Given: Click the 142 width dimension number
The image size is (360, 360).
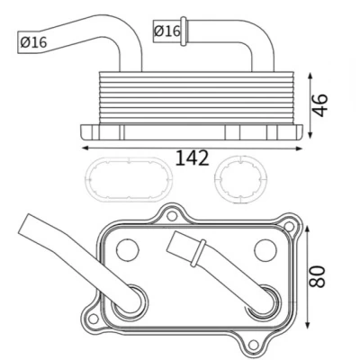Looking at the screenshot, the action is point(192,158).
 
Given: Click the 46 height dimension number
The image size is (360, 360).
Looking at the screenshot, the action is point(319,105).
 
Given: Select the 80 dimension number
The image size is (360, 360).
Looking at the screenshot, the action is point(318,276).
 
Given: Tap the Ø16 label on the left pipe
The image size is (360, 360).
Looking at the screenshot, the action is point(33,42).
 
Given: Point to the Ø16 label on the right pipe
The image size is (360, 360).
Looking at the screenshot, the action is point(167,31).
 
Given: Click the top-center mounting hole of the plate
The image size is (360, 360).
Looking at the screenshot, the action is point(172,216).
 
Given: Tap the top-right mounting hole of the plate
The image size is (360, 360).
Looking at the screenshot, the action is point(289,226).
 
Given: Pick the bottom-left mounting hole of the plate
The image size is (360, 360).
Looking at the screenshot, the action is point(94,319).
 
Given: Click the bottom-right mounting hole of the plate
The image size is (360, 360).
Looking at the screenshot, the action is point(254,344).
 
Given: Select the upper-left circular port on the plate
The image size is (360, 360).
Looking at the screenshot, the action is point(128,249).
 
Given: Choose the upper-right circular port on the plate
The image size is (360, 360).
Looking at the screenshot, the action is point(265,250).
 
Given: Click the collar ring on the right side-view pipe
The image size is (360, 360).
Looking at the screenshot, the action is point(184,31).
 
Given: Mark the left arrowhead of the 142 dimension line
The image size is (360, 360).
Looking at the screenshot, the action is point(85,148).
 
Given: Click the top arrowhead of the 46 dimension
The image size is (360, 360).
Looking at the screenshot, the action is point(310,76).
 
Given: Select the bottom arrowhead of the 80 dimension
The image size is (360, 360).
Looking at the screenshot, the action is point(307,325).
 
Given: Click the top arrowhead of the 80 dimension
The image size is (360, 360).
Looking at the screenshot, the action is point(307,229).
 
